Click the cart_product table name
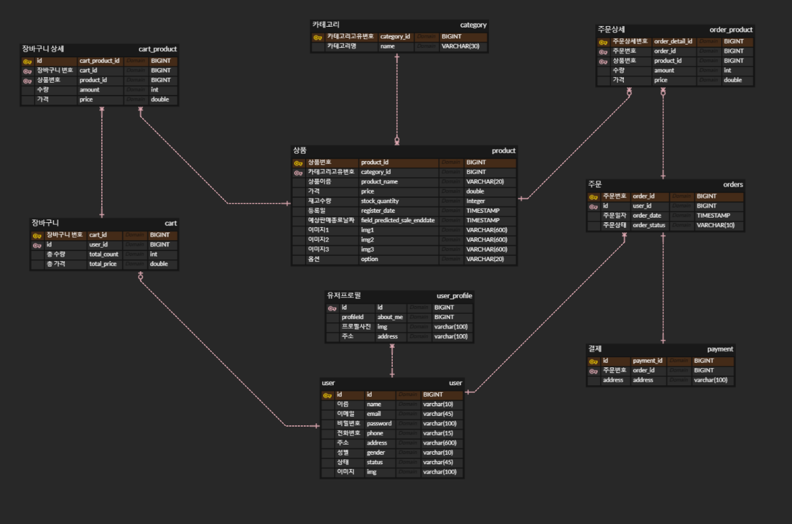coord(158,49)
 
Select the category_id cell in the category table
coord(395,37)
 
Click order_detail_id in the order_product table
coord(674,41)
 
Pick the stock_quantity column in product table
coord(379,201)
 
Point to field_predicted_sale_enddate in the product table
coord(397,220)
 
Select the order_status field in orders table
coord(649,225)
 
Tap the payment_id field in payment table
coord(647,361)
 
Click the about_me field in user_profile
coord(390,317)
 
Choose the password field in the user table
coord(379,423)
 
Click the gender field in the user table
coord(376,453)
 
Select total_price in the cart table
coord(103,264)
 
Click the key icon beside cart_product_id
coord(27,61)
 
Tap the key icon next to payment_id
coord(593,361)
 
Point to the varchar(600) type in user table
coord(439,443)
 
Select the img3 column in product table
coord(367,250)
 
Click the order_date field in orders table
coord(647,216)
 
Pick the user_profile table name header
coord(455,295)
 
